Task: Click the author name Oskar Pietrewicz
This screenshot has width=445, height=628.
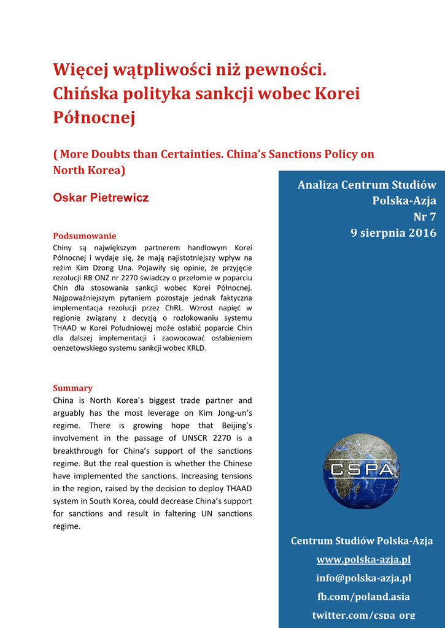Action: (101, 197)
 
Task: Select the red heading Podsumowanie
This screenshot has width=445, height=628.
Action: (84, 235)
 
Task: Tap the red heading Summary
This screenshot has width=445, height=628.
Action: (72, 388)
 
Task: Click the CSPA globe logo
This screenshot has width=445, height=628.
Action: (361, 471)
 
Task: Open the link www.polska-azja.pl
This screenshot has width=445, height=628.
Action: (363, 559)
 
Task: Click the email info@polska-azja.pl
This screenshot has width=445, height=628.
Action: (363, 578)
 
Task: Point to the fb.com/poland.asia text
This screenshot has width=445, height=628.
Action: (363, 596)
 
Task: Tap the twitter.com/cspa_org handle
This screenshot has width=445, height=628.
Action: (363, 615)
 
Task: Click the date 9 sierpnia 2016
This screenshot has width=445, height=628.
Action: (393, 232)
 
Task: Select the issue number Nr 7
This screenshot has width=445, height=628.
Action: (424, 216)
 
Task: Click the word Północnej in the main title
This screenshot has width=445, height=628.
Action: (94, 117)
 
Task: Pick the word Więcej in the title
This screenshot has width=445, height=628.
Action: (80, 71)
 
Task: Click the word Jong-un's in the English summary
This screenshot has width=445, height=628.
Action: (231, 413)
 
